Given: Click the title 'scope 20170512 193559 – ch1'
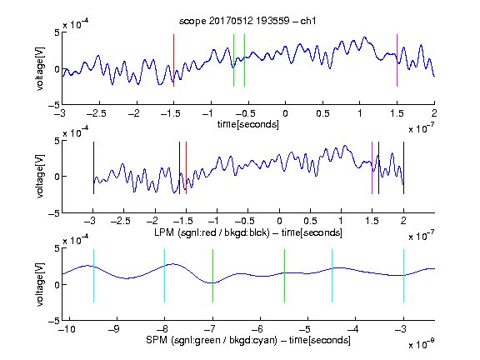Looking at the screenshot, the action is (x=247, y=21).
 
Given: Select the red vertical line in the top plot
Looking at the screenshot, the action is (x=173, y=60).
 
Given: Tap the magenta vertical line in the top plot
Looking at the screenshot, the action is (x=397, y=60).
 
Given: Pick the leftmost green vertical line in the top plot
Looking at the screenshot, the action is (x=233, y=60).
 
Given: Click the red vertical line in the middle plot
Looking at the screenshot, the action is (x=186, y=167).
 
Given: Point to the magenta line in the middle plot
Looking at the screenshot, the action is (x=372, y=167).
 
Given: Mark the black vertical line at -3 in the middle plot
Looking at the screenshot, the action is (x=93, y=167).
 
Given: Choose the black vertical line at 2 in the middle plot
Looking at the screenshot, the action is (x=403, y=167).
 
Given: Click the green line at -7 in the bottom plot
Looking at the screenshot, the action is (x=212, y=276).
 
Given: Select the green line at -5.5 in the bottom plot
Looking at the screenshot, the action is (x=284, y=276).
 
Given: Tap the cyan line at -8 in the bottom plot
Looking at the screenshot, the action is (x=164, y=276).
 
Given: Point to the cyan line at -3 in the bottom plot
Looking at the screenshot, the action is (x=403, y=276).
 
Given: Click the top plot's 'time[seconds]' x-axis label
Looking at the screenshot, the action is (x=248, y=125).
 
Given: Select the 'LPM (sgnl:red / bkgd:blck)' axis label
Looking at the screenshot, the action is (x=212, y=232).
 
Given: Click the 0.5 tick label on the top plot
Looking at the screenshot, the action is (x=322, y=113).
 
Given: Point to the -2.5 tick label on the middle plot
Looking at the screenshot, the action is (x=120, y=221).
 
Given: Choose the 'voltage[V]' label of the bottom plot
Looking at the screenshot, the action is (x=40, y=284).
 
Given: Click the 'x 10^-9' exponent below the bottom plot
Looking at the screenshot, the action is (x=422, y=344).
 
